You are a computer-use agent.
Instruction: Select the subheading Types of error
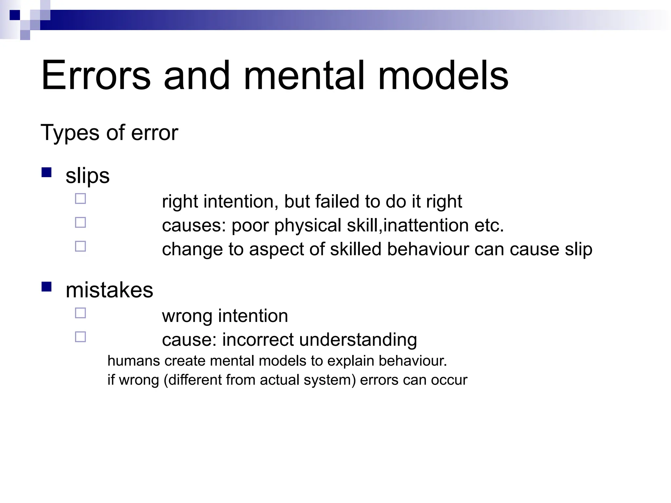(x=109, y=133)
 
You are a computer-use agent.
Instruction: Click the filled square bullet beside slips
(x=47, y=172)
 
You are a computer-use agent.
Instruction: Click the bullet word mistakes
(x=109, y=290)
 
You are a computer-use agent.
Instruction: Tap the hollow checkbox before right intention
(x=80, y=199)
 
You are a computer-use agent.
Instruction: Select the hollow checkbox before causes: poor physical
(x=80, y=223)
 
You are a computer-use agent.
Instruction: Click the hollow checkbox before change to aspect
(x=80, y=246)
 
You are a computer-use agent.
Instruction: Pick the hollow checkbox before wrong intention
(x=80, y=313)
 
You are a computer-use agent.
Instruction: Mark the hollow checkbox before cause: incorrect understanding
(x=80, y=337)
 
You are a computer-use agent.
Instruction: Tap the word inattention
(x=426, y=225)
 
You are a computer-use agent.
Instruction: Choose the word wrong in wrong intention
(x=187, y=316)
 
